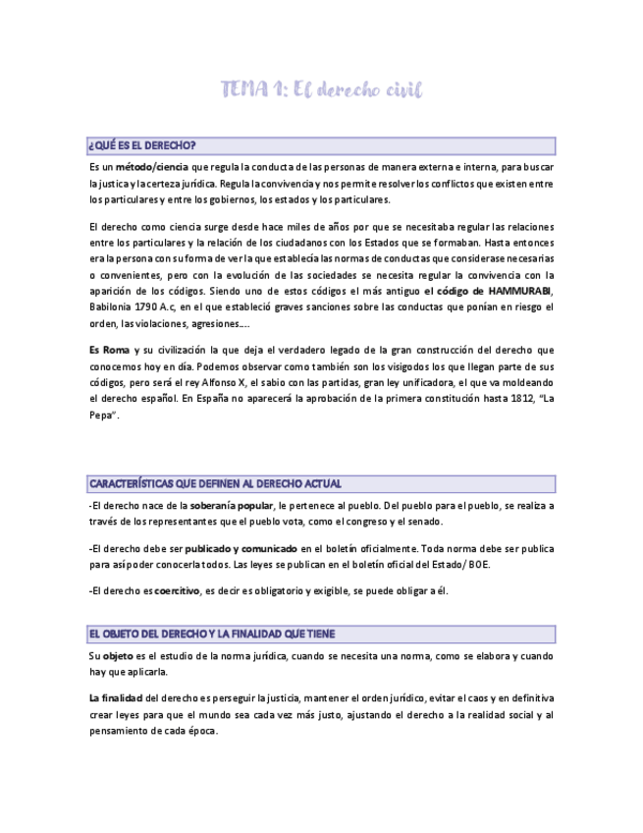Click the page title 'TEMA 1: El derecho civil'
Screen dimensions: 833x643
(x=321, y=90)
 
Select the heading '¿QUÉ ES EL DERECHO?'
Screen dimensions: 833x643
(x=141, y=146)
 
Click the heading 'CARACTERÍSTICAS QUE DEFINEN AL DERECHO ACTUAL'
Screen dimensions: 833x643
(x=215, y=484)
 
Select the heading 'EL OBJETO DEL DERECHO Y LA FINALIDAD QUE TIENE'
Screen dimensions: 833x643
(x=211, y=634)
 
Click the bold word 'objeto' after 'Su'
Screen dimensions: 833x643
(x=119, y=655)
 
